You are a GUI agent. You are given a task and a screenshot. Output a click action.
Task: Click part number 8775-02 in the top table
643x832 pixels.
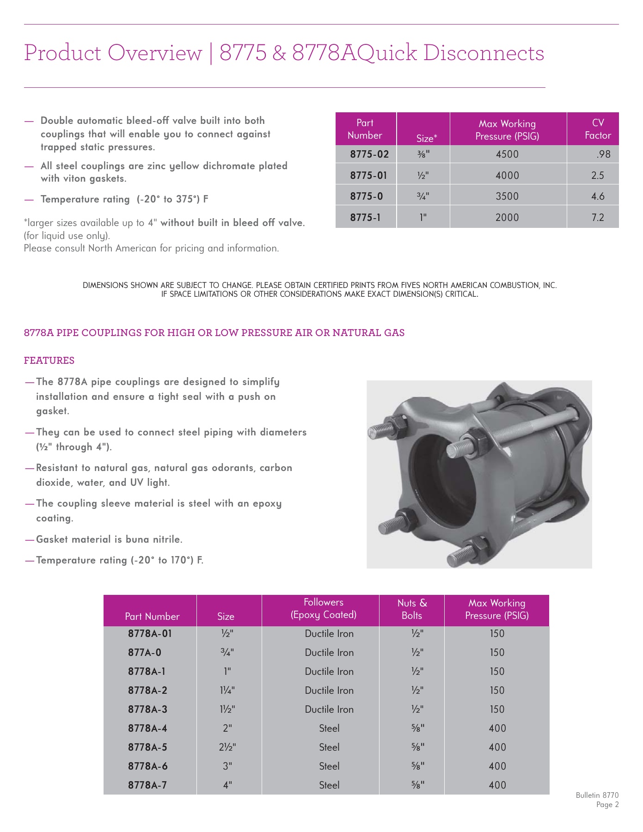369,154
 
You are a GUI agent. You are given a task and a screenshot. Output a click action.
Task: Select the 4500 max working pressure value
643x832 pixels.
507,154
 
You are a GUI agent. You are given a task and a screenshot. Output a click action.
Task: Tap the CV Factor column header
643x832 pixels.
597,129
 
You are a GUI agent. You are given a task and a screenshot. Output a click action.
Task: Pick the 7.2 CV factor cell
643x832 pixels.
597,217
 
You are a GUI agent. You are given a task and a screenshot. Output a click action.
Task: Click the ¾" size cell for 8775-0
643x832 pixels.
423,196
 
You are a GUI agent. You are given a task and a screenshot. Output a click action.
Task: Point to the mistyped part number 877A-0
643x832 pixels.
144,653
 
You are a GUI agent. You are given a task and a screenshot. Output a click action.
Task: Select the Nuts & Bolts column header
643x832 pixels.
411,609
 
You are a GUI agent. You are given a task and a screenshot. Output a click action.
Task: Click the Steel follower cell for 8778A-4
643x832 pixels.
329,728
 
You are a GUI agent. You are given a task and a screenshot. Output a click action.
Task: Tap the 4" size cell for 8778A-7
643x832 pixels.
227,785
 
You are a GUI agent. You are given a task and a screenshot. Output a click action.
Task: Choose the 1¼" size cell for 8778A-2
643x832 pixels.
227,691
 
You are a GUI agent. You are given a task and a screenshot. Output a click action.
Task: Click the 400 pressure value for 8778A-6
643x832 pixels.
497,766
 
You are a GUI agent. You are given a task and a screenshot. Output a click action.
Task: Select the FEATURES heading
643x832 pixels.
49,361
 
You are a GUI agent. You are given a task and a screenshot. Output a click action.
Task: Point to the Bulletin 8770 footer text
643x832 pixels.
597,795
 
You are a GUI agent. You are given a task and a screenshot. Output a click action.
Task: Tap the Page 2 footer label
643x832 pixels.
607,805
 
